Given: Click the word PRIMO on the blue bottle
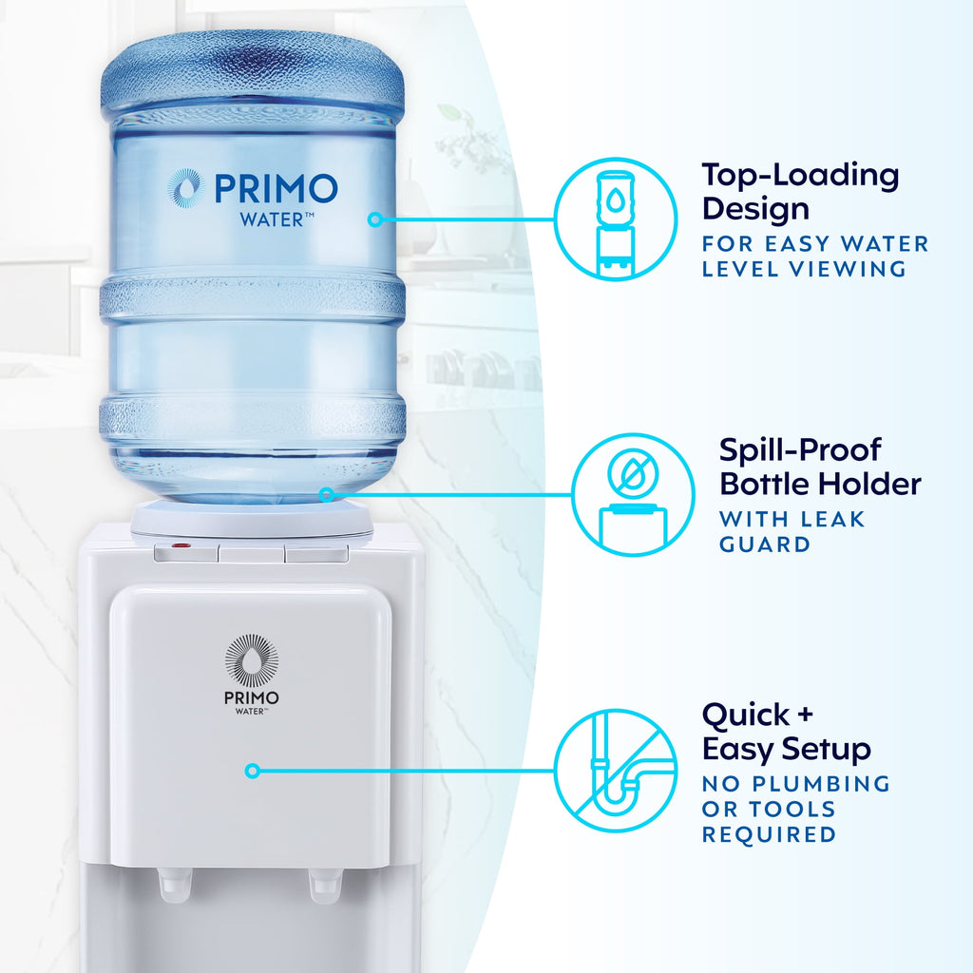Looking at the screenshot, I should point(276,188).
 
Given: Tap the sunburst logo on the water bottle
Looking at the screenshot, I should point(185,187).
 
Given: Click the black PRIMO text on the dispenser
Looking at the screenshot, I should point(252,696).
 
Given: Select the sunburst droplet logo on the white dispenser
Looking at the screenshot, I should point(252,660).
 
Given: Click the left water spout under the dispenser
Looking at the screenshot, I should point(174,885).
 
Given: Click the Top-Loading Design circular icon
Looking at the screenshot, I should point(615,219).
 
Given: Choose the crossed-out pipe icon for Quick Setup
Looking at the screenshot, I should point(615,771).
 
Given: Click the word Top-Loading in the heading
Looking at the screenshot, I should point(800,175).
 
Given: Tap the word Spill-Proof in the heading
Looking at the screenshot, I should point(800,449).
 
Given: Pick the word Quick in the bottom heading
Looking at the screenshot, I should point(746,715).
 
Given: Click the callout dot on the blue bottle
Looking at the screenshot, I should point(374,219).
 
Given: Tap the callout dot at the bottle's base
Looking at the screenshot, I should point(327,494).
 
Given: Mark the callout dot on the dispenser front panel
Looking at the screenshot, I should point(252,771).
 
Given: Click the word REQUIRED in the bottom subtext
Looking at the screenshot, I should point(769,834).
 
